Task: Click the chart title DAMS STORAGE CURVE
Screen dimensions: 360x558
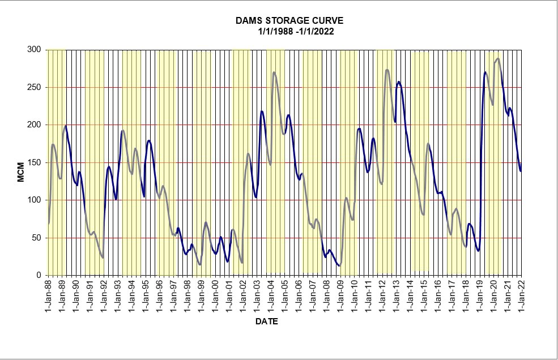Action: coord(289,21)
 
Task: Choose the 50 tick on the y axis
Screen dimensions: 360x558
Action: coord(36,238)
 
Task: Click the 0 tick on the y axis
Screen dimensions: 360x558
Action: coord(38,275)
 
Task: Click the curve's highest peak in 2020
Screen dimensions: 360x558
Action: coord(497,58)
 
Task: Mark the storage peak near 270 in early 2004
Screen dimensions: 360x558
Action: coord(274,72)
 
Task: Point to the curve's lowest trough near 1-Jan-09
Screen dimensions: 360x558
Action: coord(339,265)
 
